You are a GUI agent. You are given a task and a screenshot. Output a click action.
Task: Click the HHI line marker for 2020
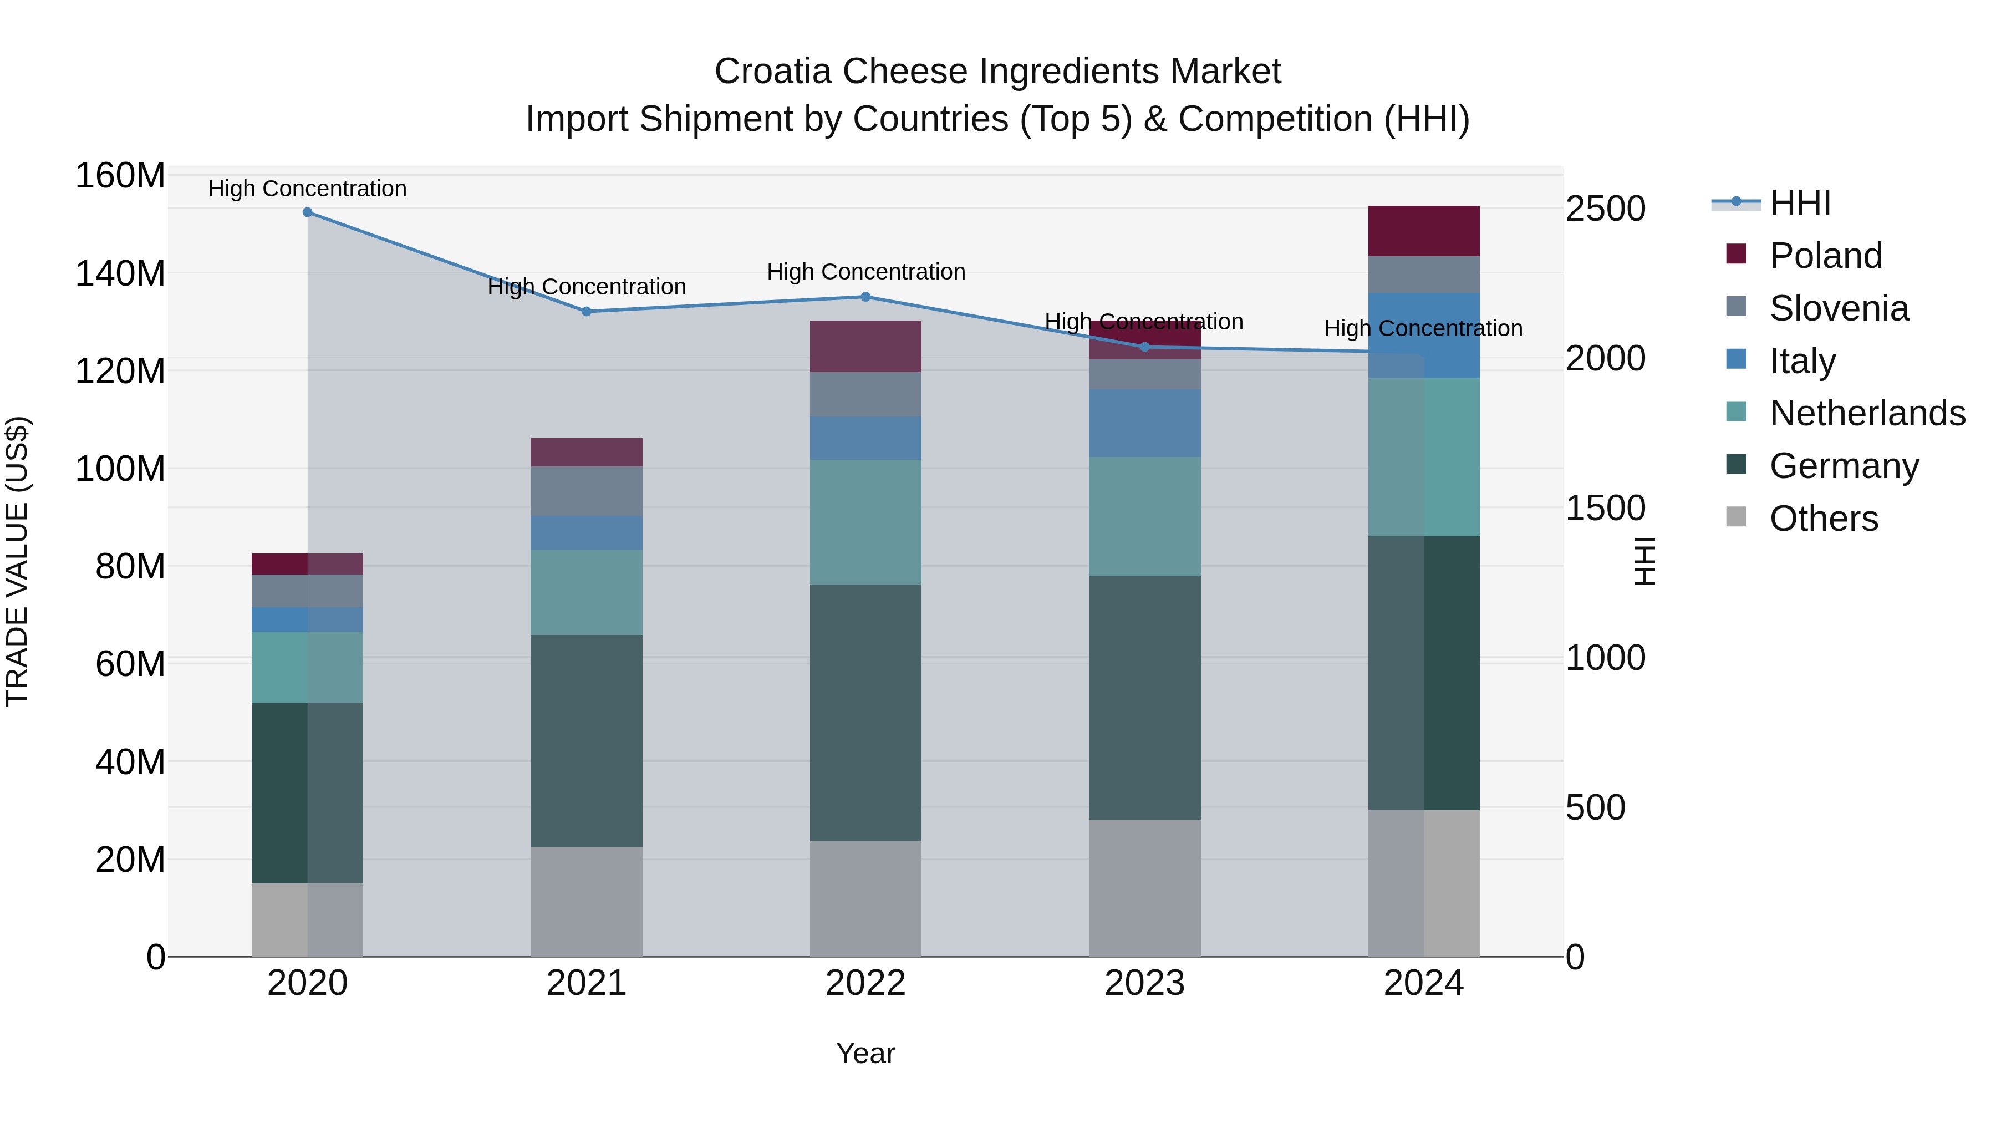[x=308, y=212]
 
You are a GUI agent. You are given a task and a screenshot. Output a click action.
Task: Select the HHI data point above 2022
[x=865, y=297]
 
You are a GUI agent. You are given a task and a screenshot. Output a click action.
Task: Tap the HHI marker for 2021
[x=587, y=312]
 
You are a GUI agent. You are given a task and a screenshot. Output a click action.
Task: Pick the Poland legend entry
[x=1825, y=256]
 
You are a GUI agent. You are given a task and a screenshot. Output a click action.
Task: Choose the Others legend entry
[x=1823, y=519]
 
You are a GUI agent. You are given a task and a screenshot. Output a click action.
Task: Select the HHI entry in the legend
[x=1799, y=203]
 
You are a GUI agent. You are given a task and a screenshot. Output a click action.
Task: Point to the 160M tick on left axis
[x=120, y=176]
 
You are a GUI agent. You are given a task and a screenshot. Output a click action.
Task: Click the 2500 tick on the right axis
[x=1605, y=209]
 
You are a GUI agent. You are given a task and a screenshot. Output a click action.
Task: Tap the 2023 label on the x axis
[x=1144, y=983]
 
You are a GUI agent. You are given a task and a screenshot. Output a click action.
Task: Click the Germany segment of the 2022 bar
[x=865, y=713]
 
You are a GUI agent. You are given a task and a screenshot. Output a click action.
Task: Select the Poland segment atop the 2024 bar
[x=1423, y=231]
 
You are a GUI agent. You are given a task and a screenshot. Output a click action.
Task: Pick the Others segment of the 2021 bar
[x=587, y=901]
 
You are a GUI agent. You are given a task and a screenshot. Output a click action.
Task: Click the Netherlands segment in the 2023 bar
[x=1144, y=516]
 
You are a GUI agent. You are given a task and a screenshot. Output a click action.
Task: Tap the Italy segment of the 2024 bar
[x=1423, y=336]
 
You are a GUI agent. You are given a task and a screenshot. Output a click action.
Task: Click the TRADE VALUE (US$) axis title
[x=17, y=561]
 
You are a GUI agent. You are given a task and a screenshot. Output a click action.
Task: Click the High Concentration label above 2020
[x=308, y=189]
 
